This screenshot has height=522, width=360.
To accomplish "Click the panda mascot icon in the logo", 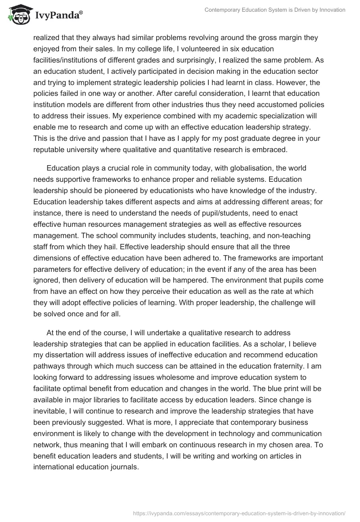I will click(18, 14).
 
